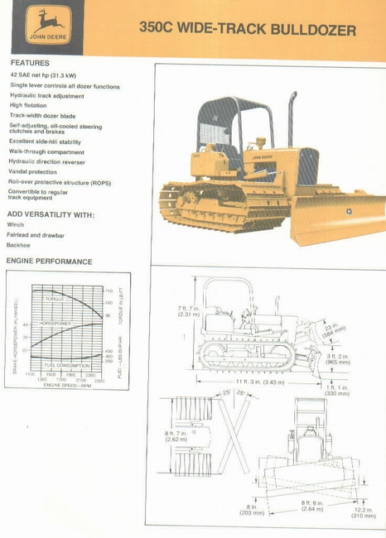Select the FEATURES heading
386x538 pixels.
tap(30, 63)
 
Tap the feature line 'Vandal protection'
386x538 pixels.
tap(33, 171)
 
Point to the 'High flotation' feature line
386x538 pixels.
tap(28, 106)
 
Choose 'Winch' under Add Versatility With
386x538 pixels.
tap(16, 224)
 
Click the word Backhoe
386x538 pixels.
tap(19, 245)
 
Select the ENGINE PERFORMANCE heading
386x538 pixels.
tap(50, 262)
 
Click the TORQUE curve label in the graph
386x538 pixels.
tap(55, 297)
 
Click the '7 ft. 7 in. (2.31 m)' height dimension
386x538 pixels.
tap(189, 311)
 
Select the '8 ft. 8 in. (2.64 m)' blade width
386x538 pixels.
tap(312, 506)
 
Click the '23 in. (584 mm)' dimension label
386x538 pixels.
tap(334, 331)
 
